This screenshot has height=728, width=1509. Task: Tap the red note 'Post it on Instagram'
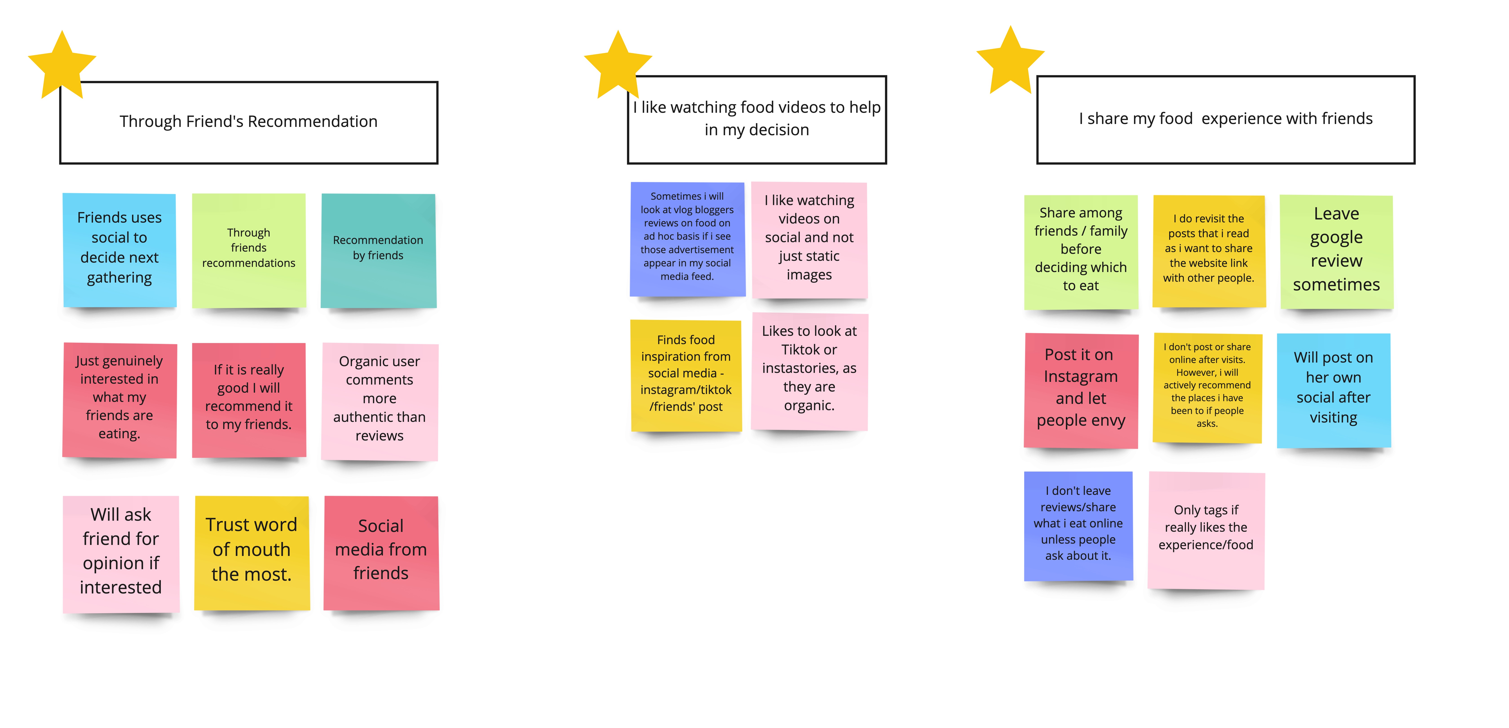pyautogui.click(x=1081, y=389)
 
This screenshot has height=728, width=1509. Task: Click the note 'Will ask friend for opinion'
pyautogui.click(x=121, y=553)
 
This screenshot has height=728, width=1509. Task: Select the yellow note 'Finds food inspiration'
pyautogui.click(x=686, y=375)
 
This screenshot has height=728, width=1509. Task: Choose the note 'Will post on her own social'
pyautogui.click(x=1333, y=389)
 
